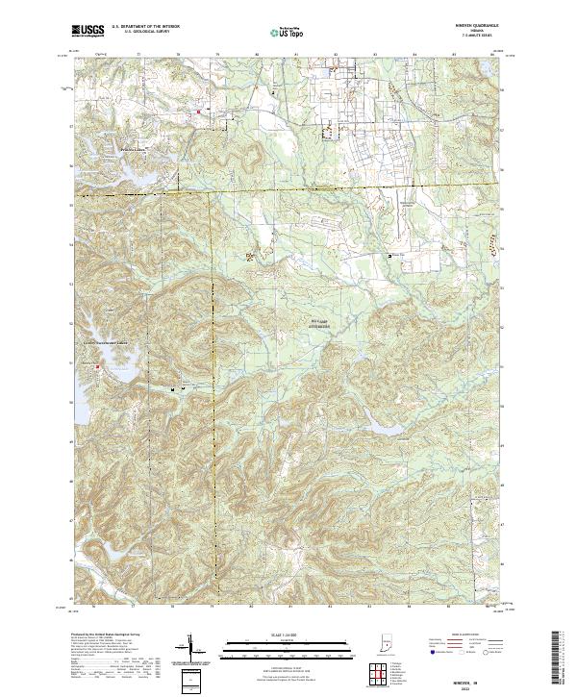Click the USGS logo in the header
tap(88, 32)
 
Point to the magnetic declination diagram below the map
tap(190, 648)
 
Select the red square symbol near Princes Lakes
tap(199, 112)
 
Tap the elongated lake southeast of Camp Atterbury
tap(377, 416)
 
